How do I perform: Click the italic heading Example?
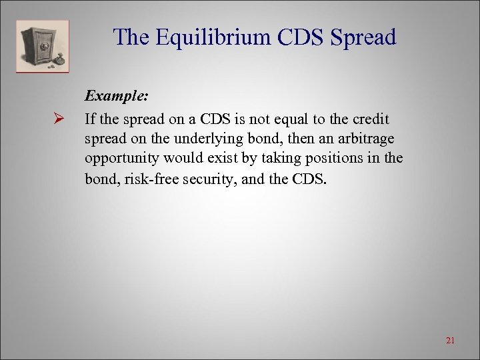(117, 96)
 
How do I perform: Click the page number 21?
(450, 341)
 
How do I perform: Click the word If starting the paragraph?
(90, 119)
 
